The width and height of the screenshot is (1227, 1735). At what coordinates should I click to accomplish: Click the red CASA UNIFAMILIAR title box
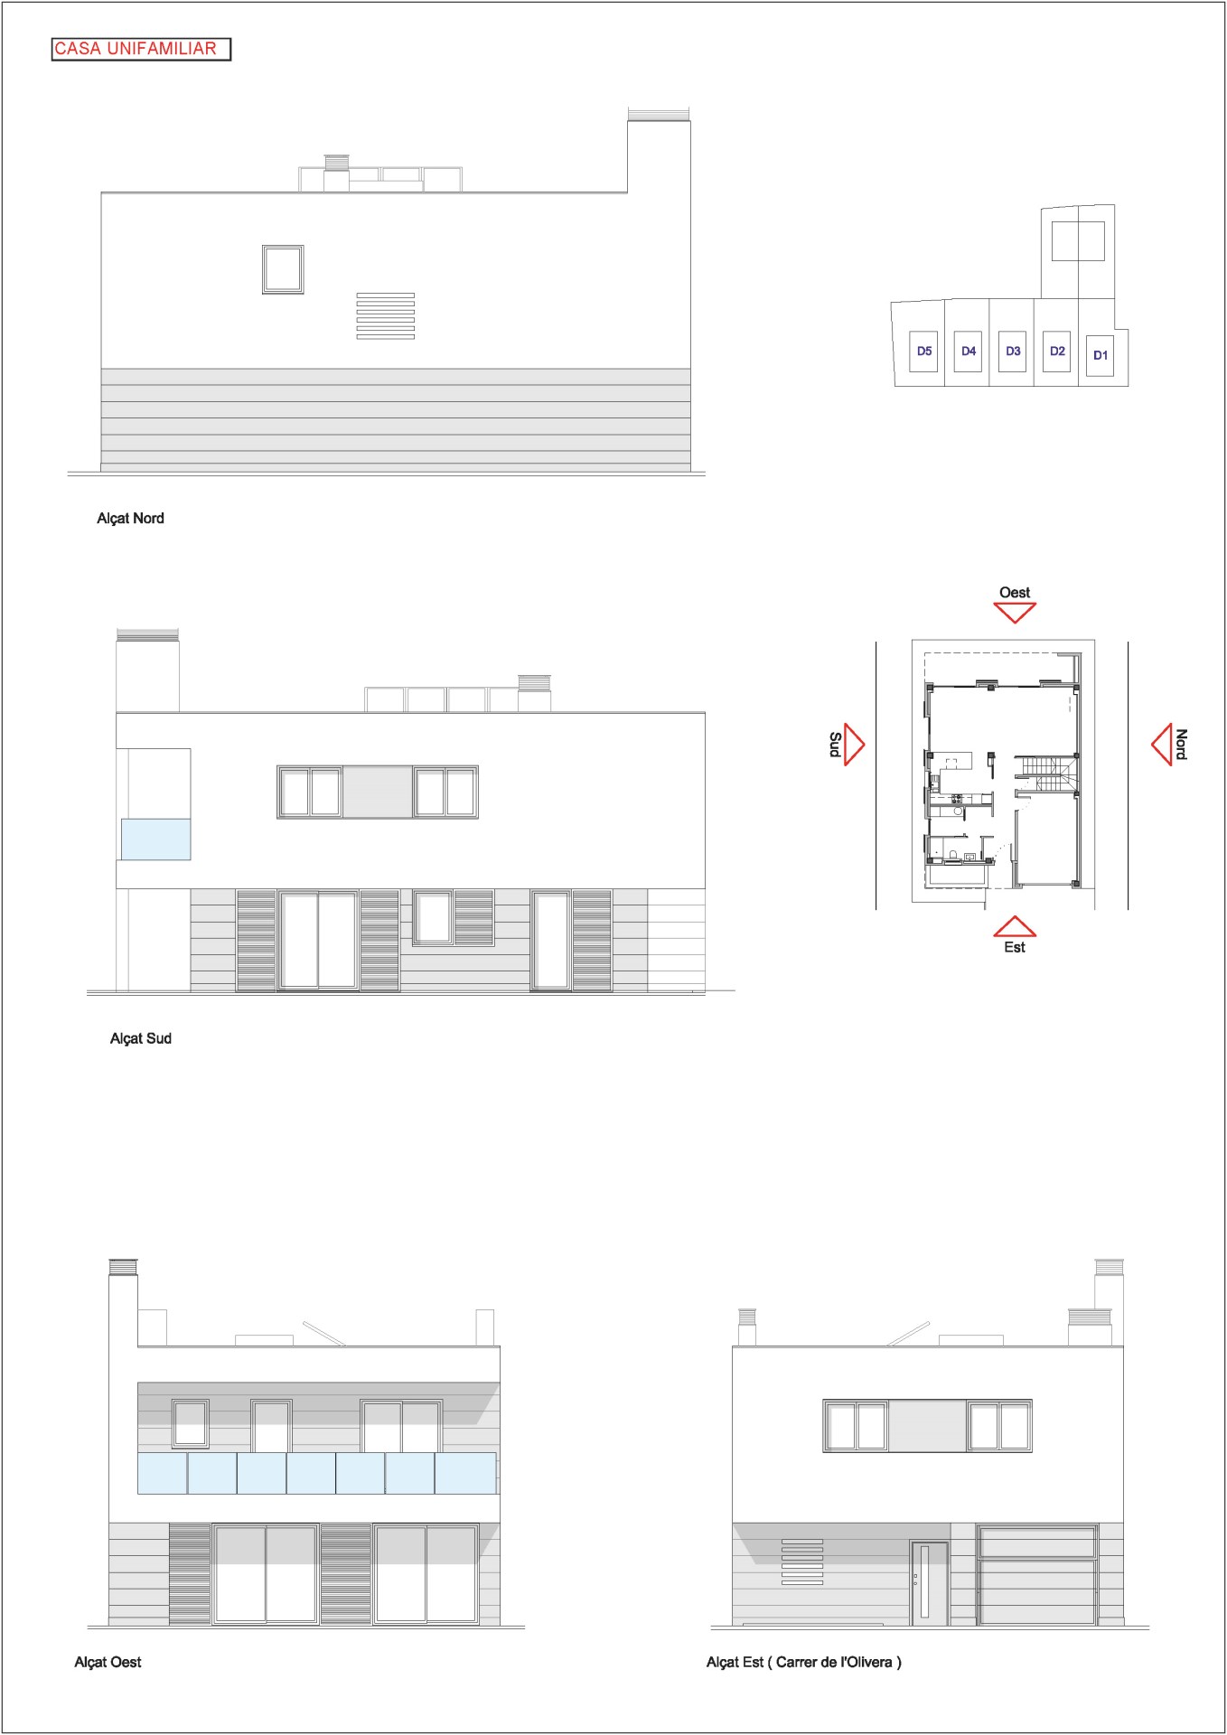pyautogui.click(x=141, y=49)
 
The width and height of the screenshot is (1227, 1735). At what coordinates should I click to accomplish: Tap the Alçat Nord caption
pyautogui.click(x=130, y=518)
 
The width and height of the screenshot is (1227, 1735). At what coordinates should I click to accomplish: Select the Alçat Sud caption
pyautogui.click(x=140, y=1038)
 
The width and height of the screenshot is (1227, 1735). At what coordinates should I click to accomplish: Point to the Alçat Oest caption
pyautogui.click(x=108, y=1662)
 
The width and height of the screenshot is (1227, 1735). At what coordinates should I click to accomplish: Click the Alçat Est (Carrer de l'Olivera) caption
pyautogui.click(x=803, y=1662)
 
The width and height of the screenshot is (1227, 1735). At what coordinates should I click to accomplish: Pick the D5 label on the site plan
pyautogui.click(x=924, y=352)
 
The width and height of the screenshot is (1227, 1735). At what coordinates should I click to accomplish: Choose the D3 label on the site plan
pyautogui.click(x=1013, y=352)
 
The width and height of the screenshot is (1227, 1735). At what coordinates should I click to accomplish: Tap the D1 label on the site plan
pyautogui.click(x=1101, y=355)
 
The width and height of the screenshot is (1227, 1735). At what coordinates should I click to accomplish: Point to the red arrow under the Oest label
pyautogui.click(x=1015, y=613)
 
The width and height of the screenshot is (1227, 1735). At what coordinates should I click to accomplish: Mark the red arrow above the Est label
pyautogui.click(x=1015, y=926)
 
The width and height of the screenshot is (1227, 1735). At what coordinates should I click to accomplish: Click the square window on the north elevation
pyautogui.click(x=283, y=269)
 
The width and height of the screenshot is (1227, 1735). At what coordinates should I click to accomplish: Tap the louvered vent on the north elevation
pyautogui.click(x=386, y=315)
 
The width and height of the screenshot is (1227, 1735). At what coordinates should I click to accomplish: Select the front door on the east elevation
pyautogui.click(x=929, y=1583)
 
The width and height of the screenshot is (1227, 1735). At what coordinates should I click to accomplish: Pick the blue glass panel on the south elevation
pyautogui.click(x=156, y=839)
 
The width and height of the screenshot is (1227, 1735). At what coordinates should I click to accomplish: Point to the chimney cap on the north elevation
pyautogui.click(x=659, y=115)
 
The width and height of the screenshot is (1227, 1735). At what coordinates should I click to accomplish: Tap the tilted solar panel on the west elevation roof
pyautogui.click(x=323, y=1333)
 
